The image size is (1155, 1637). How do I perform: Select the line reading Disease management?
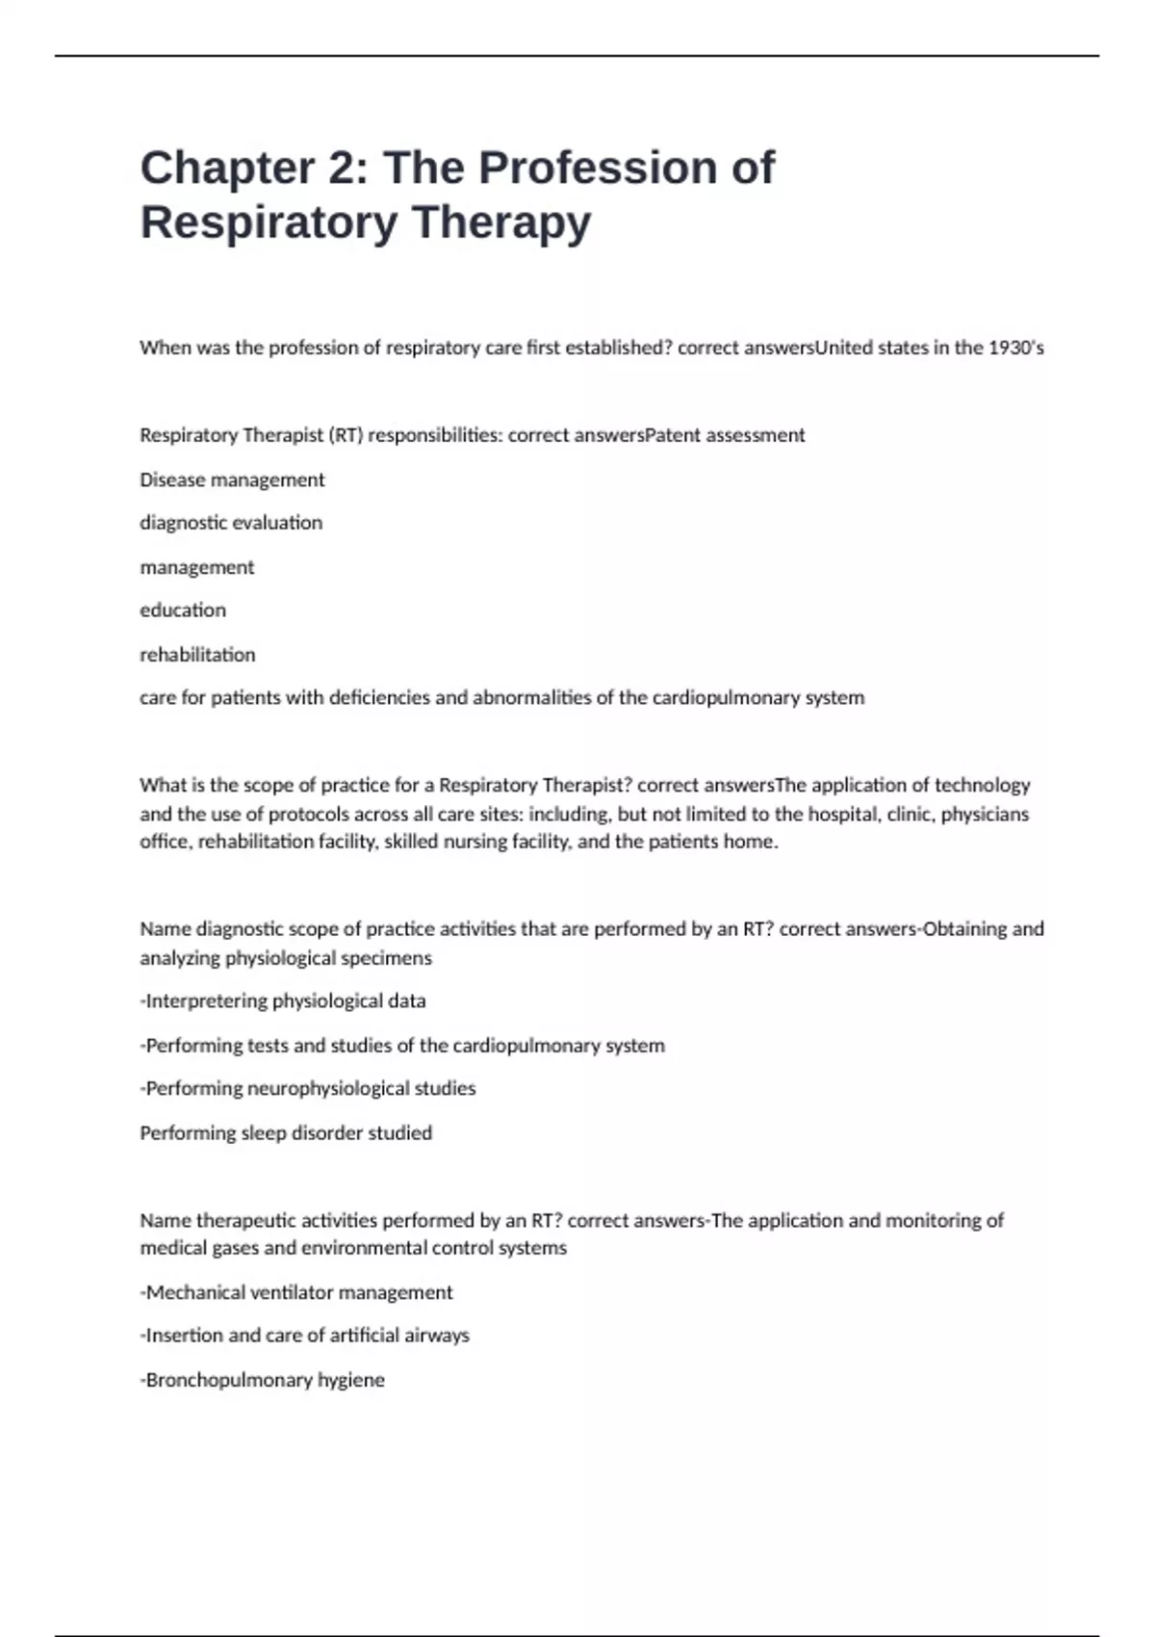click(232, 480)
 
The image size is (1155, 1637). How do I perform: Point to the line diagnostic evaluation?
click(231, 523)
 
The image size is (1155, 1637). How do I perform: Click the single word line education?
click(183, 611)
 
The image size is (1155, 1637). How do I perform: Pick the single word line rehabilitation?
click(197, 655)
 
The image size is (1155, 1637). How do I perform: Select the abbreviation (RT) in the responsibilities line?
click(346, 435)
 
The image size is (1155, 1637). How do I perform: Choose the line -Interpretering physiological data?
click(283, 1001)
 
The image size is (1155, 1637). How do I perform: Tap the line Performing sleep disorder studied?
click(286, 1133)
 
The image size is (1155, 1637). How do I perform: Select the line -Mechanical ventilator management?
click(296, 1292)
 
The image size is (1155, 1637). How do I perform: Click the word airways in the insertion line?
click(436, 1336)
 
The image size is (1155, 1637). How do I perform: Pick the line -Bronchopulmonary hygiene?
click(263, 1380)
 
